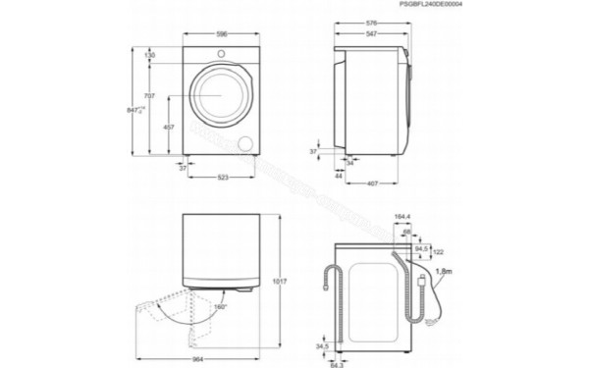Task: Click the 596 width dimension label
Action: (221, 34)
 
